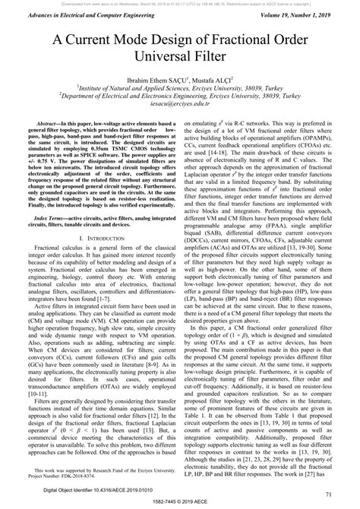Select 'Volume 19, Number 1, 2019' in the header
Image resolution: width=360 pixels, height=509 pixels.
point(301,15)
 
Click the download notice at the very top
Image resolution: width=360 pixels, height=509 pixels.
point(180,3)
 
